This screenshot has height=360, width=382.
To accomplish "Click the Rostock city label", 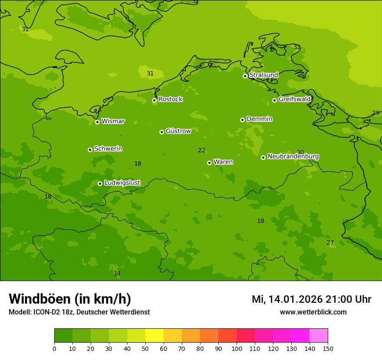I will point(170,99).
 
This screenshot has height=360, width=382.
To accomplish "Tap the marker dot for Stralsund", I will point(245,76).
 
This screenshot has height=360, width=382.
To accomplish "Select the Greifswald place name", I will point(294,99).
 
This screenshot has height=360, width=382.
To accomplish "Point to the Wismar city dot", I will point(97,122).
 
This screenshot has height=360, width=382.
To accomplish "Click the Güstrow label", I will point(178,131).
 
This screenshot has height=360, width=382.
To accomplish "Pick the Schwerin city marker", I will point(90,150).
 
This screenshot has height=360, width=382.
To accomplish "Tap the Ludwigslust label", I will point(122,183).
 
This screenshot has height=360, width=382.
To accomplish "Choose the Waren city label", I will point(223,162).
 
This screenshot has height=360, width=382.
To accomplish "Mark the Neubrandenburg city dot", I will point(263,157).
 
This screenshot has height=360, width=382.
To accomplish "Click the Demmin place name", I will point(259,119).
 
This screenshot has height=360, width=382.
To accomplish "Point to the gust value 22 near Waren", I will point(202,151).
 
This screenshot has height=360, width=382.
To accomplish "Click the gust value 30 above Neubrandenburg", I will point(300,152).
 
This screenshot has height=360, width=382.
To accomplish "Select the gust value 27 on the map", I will point(330,242).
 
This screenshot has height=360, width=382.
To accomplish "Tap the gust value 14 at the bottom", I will point(117,273).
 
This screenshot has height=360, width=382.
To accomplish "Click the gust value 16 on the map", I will point(48,196).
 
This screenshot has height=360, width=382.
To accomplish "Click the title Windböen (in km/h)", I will point(70,299).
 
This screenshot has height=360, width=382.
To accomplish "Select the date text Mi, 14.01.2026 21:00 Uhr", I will point(311,299).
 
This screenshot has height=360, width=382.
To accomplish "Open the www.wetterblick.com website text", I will point(313,312).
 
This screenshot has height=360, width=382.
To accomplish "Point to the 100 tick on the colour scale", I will point(237,348).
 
